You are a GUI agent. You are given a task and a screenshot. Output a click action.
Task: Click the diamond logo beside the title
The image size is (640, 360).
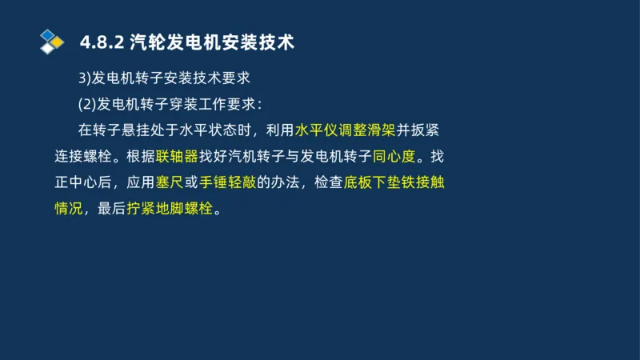pyautogui.click(x=52, y=41)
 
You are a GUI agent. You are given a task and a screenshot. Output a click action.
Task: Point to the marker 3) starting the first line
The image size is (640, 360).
pyautogui.click(x=84, y=78)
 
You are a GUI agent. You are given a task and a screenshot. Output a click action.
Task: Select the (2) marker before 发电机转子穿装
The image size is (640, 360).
pyautogui.click(x=86, y=104)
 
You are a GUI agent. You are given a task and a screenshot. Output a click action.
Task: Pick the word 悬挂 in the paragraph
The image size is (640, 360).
pyautogui.click(x=145, y=130)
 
